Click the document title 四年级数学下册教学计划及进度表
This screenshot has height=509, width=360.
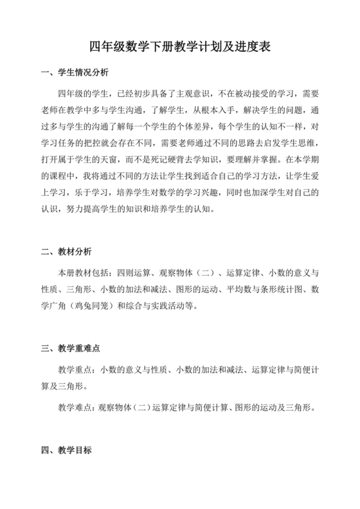179,46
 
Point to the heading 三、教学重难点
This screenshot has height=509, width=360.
71,348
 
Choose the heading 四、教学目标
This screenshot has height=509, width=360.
66,451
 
